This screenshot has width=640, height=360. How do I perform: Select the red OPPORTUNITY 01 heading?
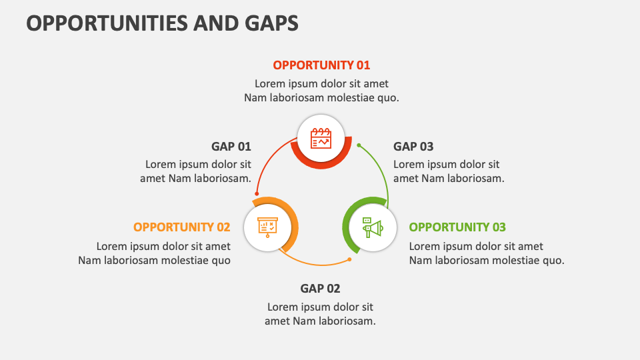pyautogui.click(x=321, y=65)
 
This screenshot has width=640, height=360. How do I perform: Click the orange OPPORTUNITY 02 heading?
pyautogui.click(x=182, y=227)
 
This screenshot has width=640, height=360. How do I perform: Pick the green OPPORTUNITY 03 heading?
pyautogui.click(x=457, y=227)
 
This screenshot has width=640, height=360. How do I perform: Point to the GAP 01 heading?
pyautogui.click(x=231, y=147)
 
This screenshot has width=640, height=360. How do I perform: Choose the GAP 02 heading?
pyautogui.click(x=320, y=289)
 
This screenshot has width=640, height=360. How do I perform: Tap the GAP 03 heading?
pyautogui.click(x=413, y=147)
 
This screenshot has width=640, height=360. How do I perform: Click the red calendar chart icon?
pyautogui.click(x=321, y=139)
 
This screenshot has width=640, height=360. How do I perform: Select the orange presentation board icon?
pyautogui.click(x=269, y=227)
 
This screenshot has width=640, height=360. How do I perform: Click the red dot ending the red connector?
pyautogui.click(x=257, y=194)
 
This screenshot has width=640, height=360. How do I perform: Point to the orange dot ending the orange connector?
pyautogui.click(x=349, y=259)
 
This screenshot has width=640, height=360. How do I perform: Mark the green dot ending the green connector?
pyautogui.click(x=359, y=145)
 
